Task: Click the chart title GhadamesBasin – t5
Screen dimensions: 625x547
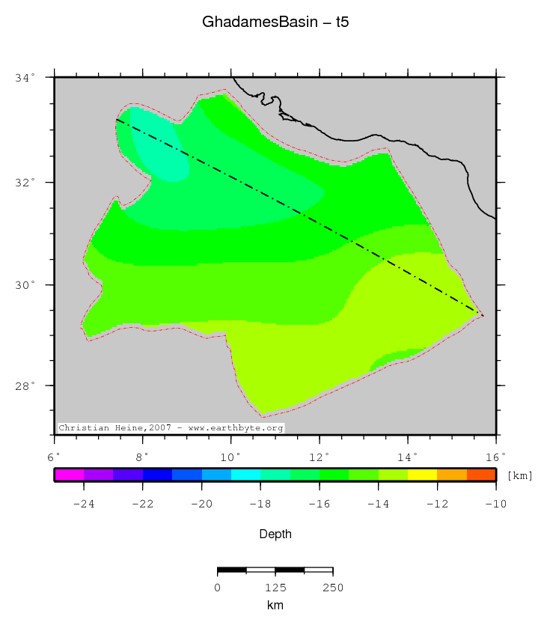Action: (x=275, y=22)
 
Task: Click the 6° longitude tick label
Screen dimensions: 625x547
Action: (x=53, y=455)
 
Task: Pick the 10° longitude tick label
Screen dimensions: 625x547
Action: (x=230, y=455)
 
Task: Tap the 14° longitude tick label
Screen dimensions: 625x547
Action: (x=407, y=455)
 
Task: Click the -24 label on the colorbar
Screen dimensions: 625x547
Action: (x=83, y=504)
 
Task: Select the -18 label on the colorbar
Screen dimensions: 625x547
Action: (x=260, y=504)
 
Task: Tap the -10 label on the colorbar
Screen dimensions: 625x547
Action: (x=495, y=504)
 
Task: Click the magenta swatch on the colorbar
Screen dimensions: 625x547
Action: (x=69, y=475)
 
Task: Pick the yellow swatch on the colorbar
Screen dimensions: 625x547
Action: (x=422, y=475)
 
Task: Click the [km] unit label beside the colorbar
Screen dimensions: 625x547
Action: (x=520, y=475)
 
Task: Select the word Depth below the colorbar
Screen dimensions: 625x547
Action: (x=275, y=534)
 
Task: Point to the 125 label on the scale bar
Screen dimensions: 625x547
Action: (x=275, y=588)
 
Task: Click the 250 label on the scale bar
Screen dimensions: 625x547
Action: (x=332, y=588)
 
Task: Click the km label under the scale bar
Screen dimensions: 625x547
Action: (x=275, y=605)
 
